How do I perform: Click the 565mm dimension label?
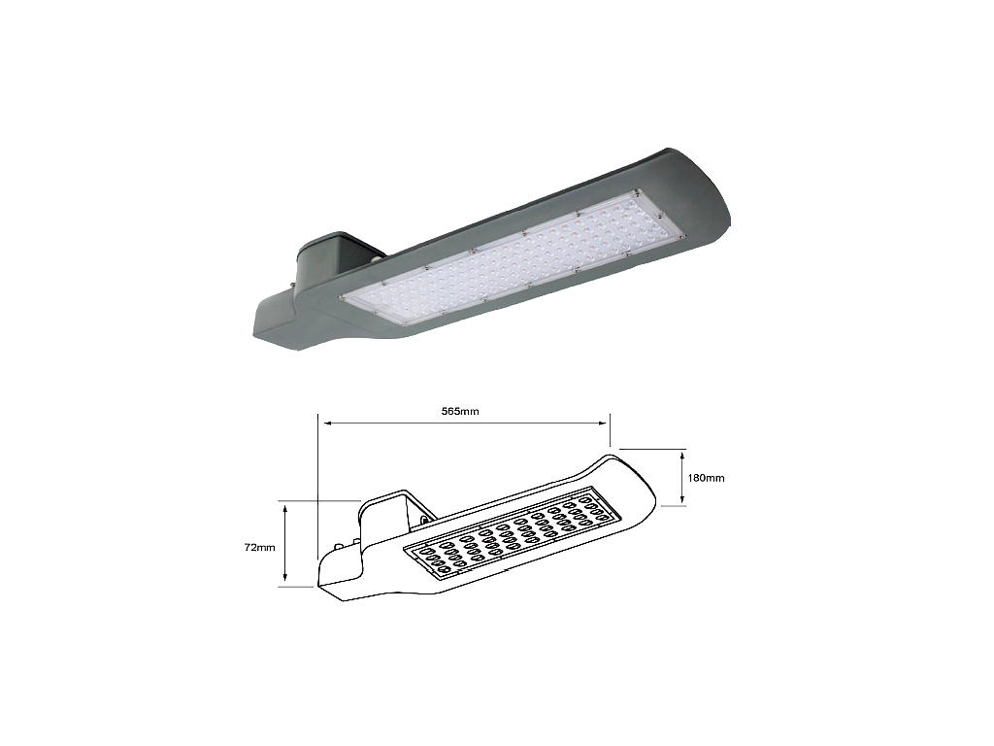point(461,412)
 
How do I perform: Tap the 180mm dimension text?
point(707,478)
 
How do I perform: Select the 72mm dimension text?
point(260,548)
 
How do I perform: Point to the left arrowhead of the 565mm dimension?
point(324,423)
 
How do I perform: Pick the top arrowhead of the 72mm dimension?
point(284,505)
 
